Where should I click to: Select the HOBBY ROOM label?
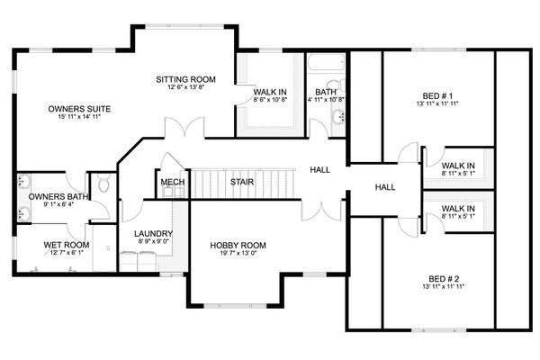[x=238, y=245]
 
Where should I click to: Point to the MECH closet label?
[x=172, y=183]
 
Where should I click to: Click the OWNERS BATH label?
[x=58, y=197]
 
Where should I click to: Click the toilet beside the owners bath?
[x=104, y=186]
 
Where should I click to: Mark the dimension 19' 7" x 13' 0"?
[x=238, y=254]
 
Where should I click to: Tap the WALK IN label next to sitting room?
[x=270, y=92]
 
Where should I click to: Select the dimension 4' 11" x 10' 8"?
[x=325, y=100]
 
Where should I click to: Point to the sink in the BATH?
[x=338, y=116]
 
